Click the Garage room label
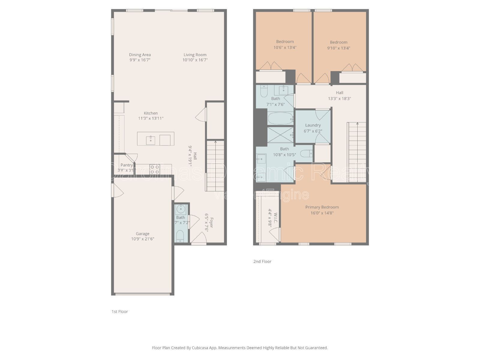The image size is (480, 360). tap(142, 234)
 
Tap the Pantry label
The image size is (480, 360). tap(126, 165)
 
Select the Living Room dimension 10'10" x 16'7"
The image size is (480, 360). tap(195, 60)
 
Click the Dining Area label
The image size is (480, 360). tap(140, 55)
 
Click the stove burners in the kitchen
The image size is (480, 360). tap(155, 170)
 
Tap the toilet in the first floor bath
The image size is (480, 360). tap(180, 236)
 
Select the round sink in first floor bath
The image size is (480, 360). tap(181, 209)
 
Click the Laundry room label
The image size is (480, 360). tap(313, 125)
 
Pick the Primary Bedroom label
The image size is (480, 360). tap(322, 207)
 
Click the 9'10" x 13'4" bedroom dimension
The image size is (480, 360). tap(339, 48)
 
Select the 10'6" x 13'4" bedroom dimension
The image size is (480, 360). tap(285, 47)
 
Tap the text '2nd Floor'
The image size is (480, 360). tap(262, 261)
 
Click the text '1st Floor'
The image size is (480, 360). tap(120, 311)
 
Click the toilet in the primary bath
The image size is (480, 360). tap(306, 154)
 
